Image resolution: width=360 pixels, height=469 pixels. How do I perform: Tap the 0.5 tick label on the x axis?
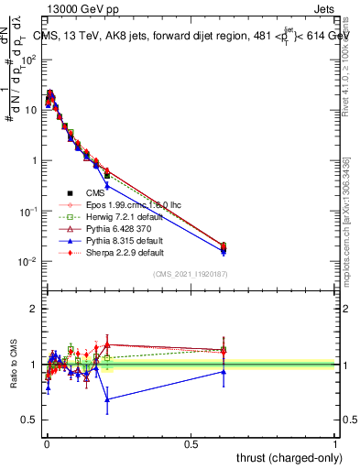tap(191, 442)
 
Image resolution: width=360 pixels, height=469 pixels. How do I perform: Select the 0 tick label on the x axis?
tap(46, 442)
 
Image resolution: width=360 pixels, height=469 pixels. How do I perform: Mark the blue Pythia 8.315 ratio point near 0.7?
tap(108, 399)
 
